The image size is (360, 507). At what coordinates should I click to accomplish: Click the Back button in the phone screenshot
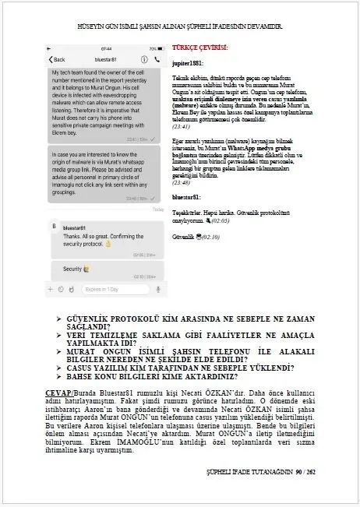pyautogui.click(x=56, y=60)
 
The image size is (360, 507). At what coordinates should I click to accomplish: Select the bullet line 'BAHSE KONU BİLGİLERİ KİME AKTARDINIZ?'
pyautogui.click(x=164, y=375)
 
